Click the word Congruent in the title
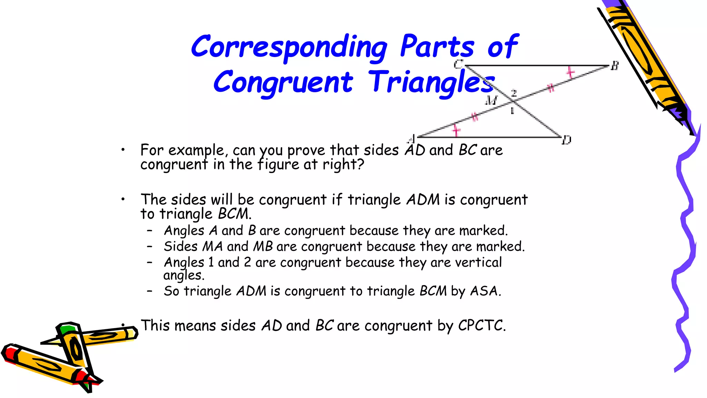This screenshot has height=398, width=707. pyautogui.click(x=283, y=82)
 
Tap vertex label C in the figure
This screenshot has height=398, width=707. pyautogui.click(x=458, y=64)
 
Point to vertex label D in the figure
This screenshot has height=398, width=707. pyautogui.click(x=566, y=140)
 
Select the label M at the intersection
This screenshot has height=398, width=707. pyautogui.click(x=491, y=101)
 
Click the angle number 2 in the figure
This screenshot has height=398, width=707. pyautogui.click(x=514, y=93)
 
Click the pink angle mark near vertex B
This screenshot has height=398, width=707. pyautogui.click(x=570, y=73)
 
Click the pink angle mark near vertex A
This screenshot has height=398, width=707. pyautogui.click(x=456, y=130)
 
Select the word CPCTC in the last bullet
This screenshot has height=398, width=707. pyautogui.click(x=481, y=325)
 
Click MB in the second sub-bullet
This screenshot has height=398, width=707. pyautogui.click(x=263, y=247)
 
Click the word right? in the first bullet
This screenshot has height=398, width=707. pyautogui.click(x=343, y=164)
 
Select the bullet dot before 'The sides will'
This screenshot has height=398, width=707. pyautogui.click(x=123, y=199)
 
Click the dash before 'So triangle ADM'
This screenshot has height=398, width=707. pyautogui.click(x=149, y=291)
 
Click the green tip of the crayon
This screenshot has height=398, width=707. pyautogui.click(x=67, y=328)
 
